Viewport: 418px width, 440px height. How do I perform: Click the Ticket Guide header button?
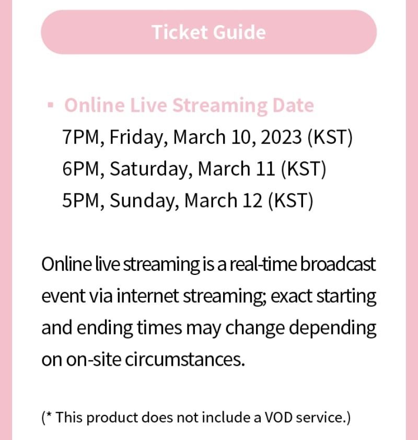click(208, 32)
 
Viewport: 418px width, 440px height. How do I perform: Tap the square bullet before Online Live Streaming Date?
click(50, 105)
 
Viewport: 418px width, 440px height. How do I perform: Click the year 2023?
click(281, 137)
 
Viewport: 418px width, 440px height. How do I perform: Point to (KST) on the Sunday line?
click(291, 201)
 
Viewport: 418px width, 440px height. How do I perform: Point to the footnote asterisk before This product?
click(50, 416)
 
